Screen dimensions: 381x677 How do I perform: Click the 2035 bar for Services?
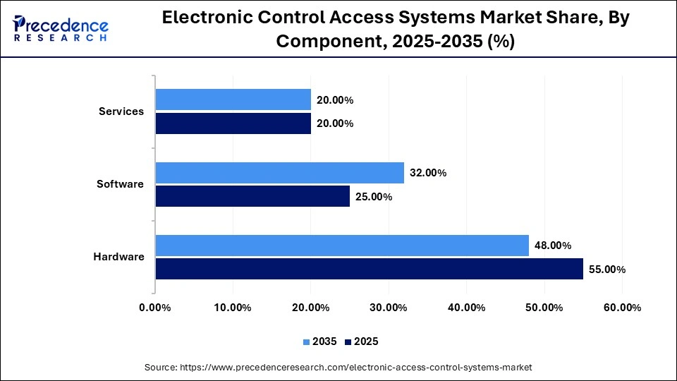click(x=233, y=100)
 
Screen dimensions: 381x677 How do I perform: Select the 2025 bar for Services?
click(x=233, y=123)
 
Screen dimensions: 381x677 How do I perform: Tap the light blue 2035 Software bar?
click(x=279, y=173)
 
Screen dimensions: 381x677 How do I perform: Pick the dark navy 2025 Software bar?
click(x=252, y=196)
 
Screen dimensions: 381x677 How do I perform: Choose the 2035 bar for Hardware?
click(x=342, y=246)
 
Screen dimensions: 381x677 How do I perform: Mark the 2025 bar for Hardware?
click(x=369, y=269)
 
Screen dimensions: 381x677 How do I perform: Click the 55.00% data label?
click(x=607, y=270)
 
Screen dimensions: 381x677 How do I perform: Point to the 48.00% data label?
click(x=553, y=246)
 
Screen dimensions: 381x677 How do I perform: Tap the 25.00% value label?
click(x=374, y=197)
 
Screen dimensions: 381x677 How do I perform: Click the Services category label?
click(x=121, y=111)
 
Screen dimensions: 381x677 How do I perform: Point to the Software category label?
click(x=120, y=184)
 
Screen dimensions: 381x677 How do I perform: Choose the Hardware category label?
click(x=118, y=257)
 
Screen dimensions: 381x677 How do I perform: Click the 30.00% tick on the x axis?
click(x=389, y=308)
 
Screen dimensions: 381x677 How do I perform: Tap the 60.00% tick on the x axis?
click(x=622, y=308)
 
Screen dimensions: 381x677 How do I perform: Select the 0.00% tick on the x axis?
click(x=155, y=308)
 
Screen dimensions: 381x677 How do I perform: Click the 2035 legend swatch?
click(x=307, y=341)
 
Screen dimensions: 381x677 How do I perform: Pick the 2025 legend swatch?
click(x=348, y=341)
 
